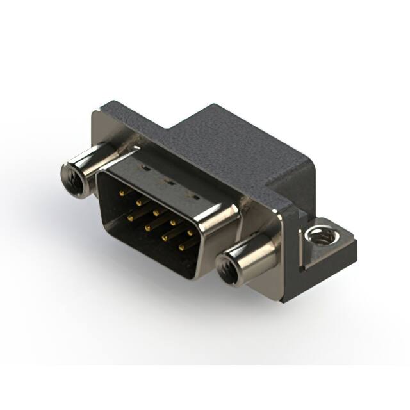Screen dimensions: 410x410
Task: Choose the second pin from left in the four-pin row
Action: tap(147, 227)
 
